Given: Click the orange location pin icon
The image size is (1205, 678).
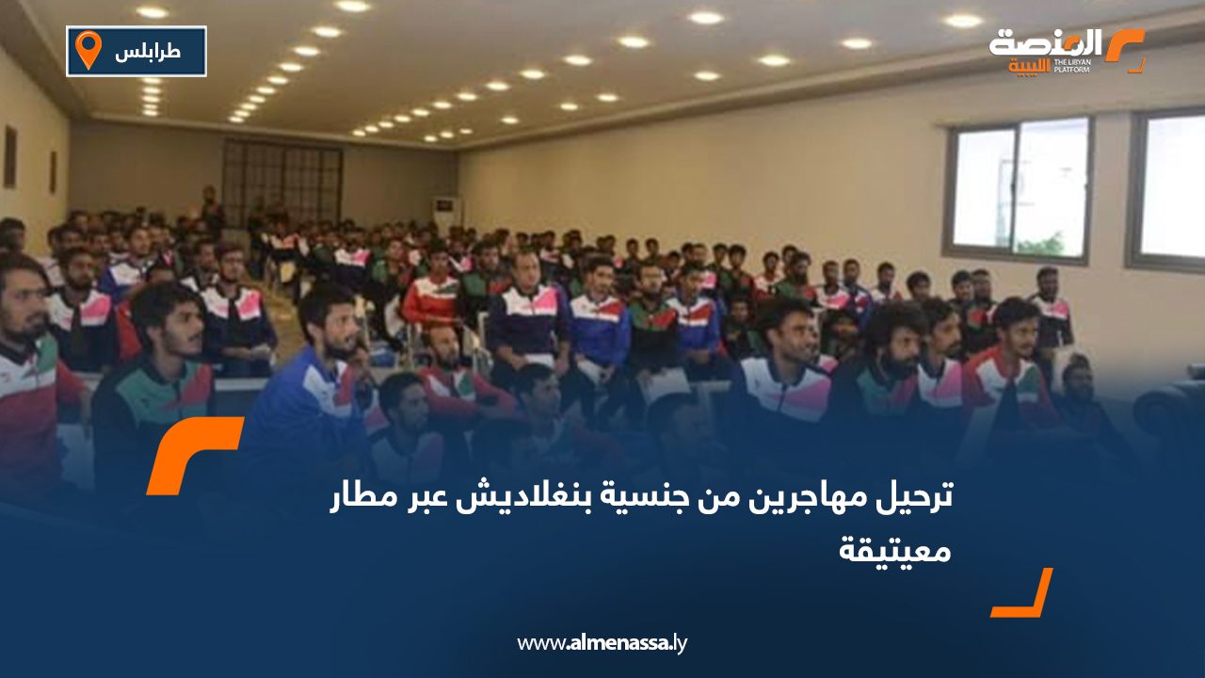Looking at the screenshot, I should point(88,50).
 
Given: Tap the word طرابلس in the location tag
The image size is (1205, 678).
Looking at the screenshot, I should point(149,52).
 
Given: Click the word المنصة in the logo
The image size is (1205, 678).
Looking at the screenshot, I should point(1045,44).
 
